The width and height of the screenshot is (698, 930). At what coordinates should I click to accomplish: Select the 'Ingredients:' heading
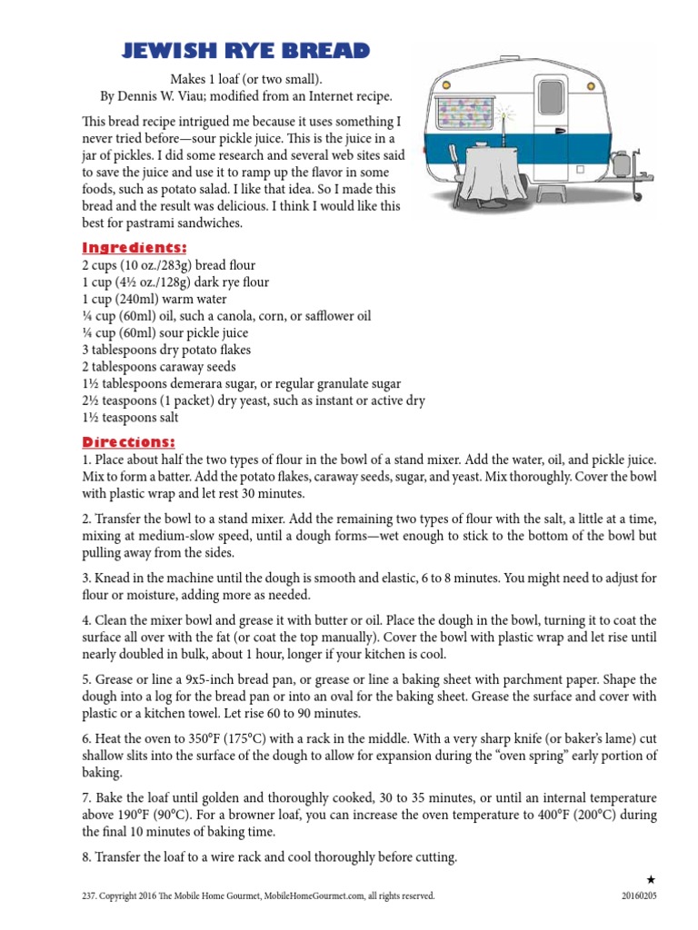coord(135,248)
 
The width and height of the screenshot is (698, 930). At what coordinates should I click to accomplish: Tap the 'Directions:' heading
coord(128,442)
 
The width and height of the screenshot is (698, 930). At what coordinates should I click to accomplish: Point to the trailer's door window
coord(550,94)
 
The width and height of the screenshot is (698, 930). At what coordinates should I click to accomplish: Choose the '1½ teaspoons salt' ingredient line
coord(130,418)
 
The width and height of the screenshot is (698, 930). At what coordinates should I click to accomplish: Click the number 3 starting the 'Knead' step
coord(85,579)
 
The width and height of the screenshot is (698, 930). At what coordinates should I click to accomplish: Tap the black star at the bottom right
coord(650,879)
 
